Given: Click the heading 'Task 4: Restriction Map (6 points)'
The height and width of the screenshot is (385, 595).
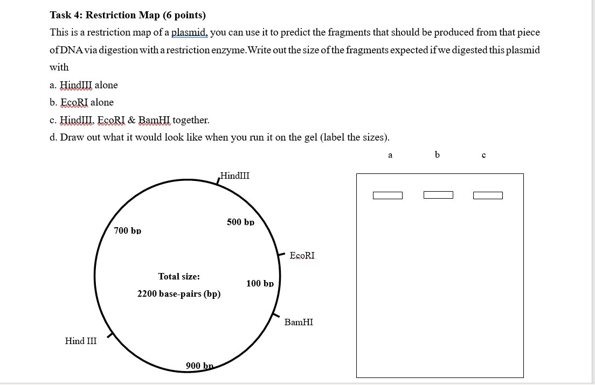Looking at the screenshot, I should pos(127,15).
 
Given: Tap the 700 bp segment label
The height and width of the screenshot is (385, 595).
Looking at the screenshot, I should pos(128,230).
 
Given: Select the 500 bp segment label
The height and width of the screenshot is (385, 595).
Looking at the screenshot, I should pos(240,222).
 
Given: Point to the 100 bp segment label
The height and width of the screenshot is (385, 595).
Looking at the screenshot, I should pos(260,283).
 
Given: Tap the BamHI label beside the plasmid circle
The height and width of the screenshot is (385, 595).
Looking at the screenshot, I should pos(299,322).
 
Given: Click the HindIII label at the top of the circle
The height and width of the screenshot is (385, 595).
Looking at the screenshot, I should pos(235,176).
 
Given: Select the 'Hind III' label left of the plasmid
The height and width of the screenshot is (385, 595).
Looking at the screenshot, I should pos(81,341).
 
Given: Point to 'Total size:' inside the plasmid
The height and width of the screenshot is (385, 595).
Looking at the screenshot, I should pos(179,276).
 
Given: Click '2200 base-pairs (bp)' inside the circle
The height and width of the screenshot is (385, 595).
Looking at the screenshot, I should pos(179,294).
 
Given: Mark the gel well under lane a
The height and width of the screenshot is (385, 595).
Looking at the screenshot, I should pos(388,195).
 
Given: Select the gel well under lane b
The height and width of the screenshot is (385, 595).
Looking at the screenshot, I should pos(438,194).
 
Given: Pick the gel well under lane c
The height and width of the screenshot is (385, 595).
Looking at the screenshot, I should pos(488,195).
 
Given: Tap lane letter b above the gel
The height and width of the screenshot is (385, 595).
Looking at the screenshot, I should pos(437,155).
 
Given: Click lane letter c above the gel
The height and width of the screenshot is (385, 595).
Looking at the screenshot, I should pos(483,156).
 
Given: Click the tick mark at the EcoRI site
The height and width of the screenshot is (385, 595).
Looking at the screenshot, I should pos(281,253).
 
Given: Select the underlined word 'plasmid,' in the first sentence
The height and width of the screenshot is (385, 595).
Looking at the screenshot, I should pos(189,32).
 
